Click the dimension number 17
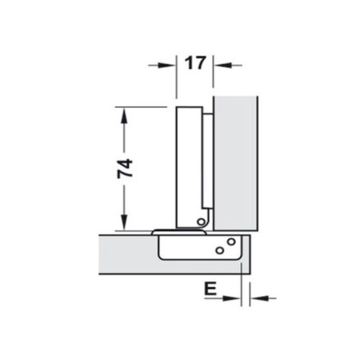[x=194, y=63]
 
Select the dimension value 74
[x=124, y=168]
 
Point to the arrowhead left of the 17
[x=171, y=64]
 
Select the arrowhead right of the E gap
[x=255, y=297]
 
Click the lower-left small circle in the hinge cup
[x=218, y=251]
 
